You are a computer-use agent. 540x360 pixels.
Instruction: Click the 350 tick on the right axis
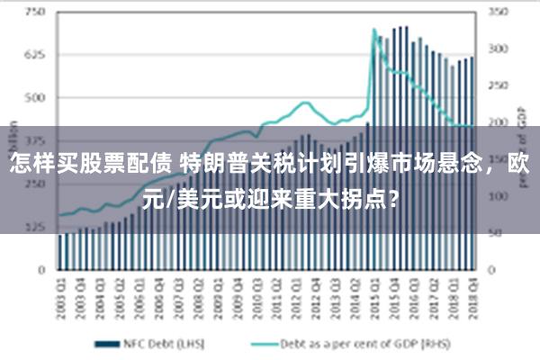[x=498, y=13]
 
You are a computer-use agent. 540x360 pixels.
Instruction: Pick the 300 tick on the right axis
[x=498, y=49]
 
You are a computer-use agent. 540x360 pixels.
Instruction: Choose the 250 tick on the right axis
[x=498, y=85]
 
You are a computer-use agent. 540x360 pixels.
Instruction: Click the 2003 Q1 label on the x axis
[x=60, y=293]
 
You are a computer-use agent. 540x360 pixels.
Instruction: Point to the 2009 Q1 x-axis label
[x=217, y=293]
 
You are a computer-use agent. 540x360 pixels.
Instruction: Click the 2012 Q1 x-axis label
[x=295, y=293]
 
